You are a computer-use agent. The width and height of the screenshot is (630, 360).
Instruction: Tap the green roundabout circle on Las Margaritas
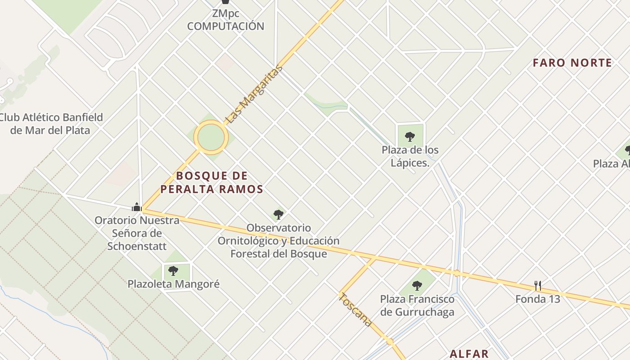(211, 138)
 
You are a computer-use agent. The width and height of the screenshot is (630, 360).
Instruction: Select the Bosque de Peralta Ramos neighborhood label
(211, 182)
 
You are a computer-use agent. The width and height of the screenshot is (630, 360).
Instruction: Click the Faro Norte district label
(572, 63)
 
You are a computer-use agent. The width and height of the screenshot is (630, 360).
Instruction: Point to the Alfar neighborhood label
(469, 354)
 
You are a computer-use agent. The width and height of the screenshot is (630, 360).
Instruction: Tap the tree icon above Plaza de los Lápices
(409, 136)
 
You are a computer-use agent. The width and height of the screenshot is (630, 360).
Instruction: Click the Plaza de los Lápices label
(410, 156)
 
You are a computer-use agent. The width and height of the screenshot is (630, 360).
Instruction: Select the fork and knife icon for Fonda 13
(537, 285)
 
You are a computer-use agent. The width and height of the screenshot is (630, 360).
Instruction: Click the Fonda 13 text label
(538, 299)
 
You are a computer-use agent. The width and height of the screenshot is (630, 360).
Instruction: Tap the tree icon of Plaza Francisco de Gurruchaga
(417, 285)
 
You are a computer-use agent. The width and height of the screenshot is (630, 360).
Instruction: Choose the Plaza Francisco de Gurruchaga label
(417, 306)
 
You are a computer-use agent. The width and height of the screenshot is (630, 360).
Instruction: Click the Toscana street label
(355, 310)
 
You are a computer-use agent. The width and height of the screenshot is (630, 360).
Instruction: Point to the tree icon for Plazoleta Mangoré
(173, 270)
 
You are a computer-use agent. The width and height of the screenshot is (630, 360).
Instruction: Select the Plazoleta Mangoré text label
(174, 284)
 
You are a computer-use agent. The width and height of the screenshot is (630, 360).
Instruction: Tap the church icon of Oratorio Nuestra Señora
(137, 207)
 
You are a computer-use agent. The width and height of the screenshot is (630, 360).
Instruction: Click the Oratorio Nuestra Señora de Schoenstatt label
(137, 233)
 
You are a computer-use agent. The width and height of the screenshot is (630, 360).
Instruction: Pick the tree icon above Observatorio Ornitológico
(279, 215)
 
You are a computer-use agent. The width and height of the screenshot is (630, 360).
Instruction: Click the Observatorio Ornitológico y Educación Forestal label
(279, 241)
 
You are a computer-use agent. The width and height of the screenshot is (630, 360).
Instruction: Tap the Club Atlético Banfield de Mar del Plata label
(51, 124)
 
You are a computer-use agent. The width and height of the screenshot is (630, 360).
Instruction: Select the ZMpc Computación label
(225, 20)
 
